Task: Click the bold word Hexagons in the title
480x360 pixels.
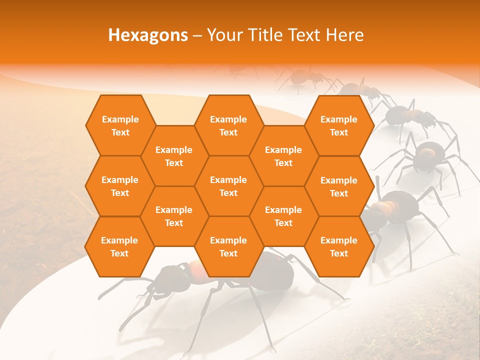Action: point(148,35)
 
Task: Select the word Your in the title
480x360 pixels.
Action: point(224,35)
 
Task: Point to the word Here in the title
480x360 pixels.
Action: point(344,35)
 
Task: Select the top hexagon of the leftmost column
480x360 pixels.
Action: point(120,125)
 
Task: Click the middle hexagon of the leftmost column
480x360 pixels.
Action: point(120,186)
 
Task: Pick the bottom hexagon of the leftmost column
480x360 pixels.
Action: point(119,246)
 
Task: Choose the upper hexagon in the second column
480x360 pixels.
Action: point(174,156)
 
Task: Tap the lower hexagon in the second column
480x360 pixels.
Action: point(174,216)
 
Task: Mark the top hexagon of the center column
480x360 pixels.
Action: point(228,125)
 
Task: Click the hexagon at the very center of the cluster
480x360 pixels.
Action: point(228,186)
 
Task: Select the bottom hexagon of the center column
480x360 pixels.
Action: point(228,246)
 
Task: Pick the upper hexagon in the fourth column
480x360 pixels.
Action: point(283,156)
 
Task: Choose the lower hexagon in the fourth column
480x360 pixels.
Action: point(283,216)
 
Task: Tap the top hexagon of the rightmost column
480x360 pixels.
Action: point(339,125)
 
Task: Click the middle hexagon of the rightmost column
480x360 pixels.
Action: point(339,186)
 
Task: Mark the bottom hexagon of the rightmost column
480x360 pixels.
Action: point(339,246)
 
